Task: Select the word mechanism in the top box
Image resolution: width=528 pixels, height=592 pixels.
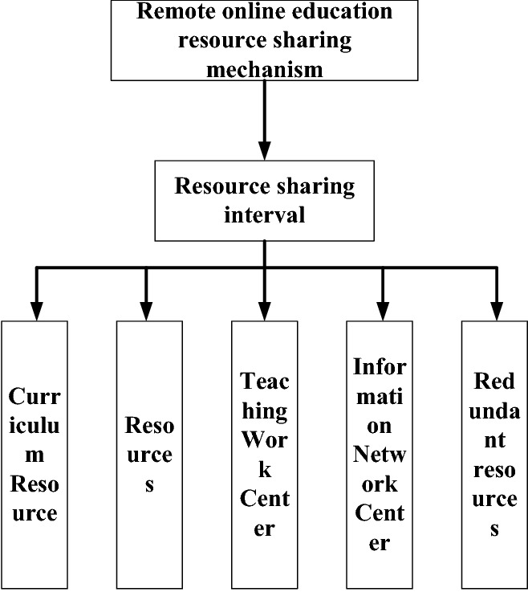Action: click(x=264, y=70)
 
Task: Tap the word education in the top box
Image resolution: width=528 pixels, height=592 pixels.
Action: click(x=347, y=12)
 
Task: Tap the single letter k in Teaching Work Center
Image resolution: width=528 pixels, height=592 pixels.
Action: click(x=264, y=470)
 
